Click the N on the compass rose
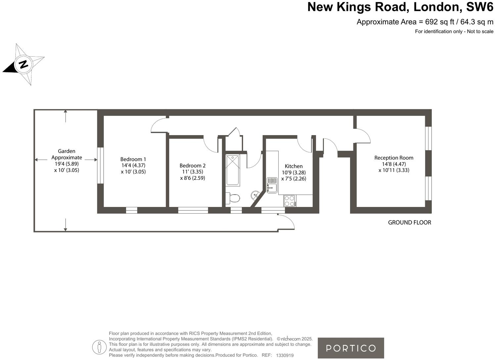pyautogui.click(x=23, y=64)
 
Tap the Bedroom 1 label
pyautogui.click(x=133, y=159)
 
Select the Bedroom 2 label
pyautogui.click(x=193, y=166)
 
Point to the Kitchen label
pyautogui.click(x=293, y=166)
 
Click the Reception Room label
pyautogui.click(x=394, y=158)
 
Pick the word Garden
pyautogui.click(x=67, y=151)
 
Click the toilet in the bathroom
pyautogui.click(x=233, y=198)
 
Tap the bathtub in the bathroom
pyautogui.click(x=233, y=170)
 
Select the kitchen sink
pyautogui.click(x=272, y=185)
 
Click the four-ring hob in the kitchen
pyautogui.click(x=290, y=201)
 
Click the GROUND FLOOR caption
pyautogui.click(x=409, y=223)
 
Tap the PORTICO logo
pyautogui.click(x=351, y=348)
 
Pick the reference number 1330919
pyautogui.click(x=285, y=355)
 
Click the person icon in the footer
pyautogui.click(x=99, y=347)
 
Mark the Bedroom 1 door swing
pyautogui.click(x=158, y=125)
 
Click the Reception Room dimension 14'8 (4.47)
pyautogui.click(x=394, y=164)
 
